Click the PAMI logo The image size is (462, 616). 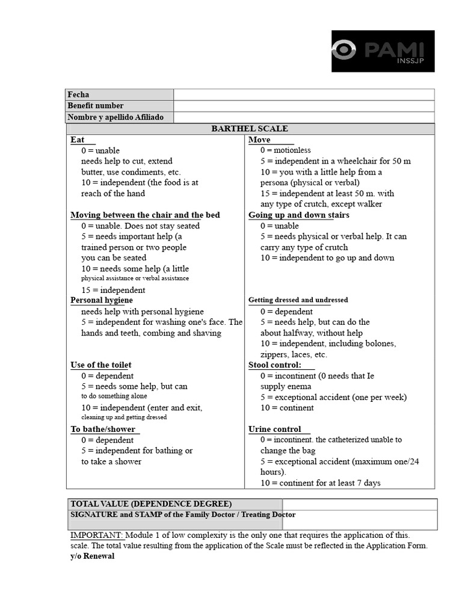(383, 51)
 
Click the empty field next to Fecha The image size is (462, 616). (304, 94)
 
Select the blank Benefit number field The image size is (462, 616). (304, 106)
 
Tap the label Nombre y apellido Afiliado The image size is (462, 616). (120, 117)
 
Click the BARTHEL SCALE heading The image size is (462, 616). (250, 129)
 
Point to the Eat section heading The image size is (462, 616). (78, 140)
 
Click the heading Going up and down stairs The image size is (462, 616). (298, 215)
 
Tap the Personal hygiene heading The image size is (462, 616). (102, 300)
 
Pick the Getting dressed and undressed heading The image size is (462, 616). (298, 300)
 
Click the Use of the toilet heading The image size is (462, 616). (100, 365)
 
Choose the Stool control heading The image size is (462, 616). (275, 365)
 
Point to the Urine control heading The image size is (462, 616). (274, 429)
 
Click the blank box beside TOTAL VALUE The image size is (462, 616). (359, 504)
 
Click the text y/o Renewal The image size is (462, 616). (92, 556)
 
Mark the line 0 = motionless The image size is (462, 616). (285, 150)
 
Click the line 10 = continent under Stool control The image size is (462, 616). (287, 407)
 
